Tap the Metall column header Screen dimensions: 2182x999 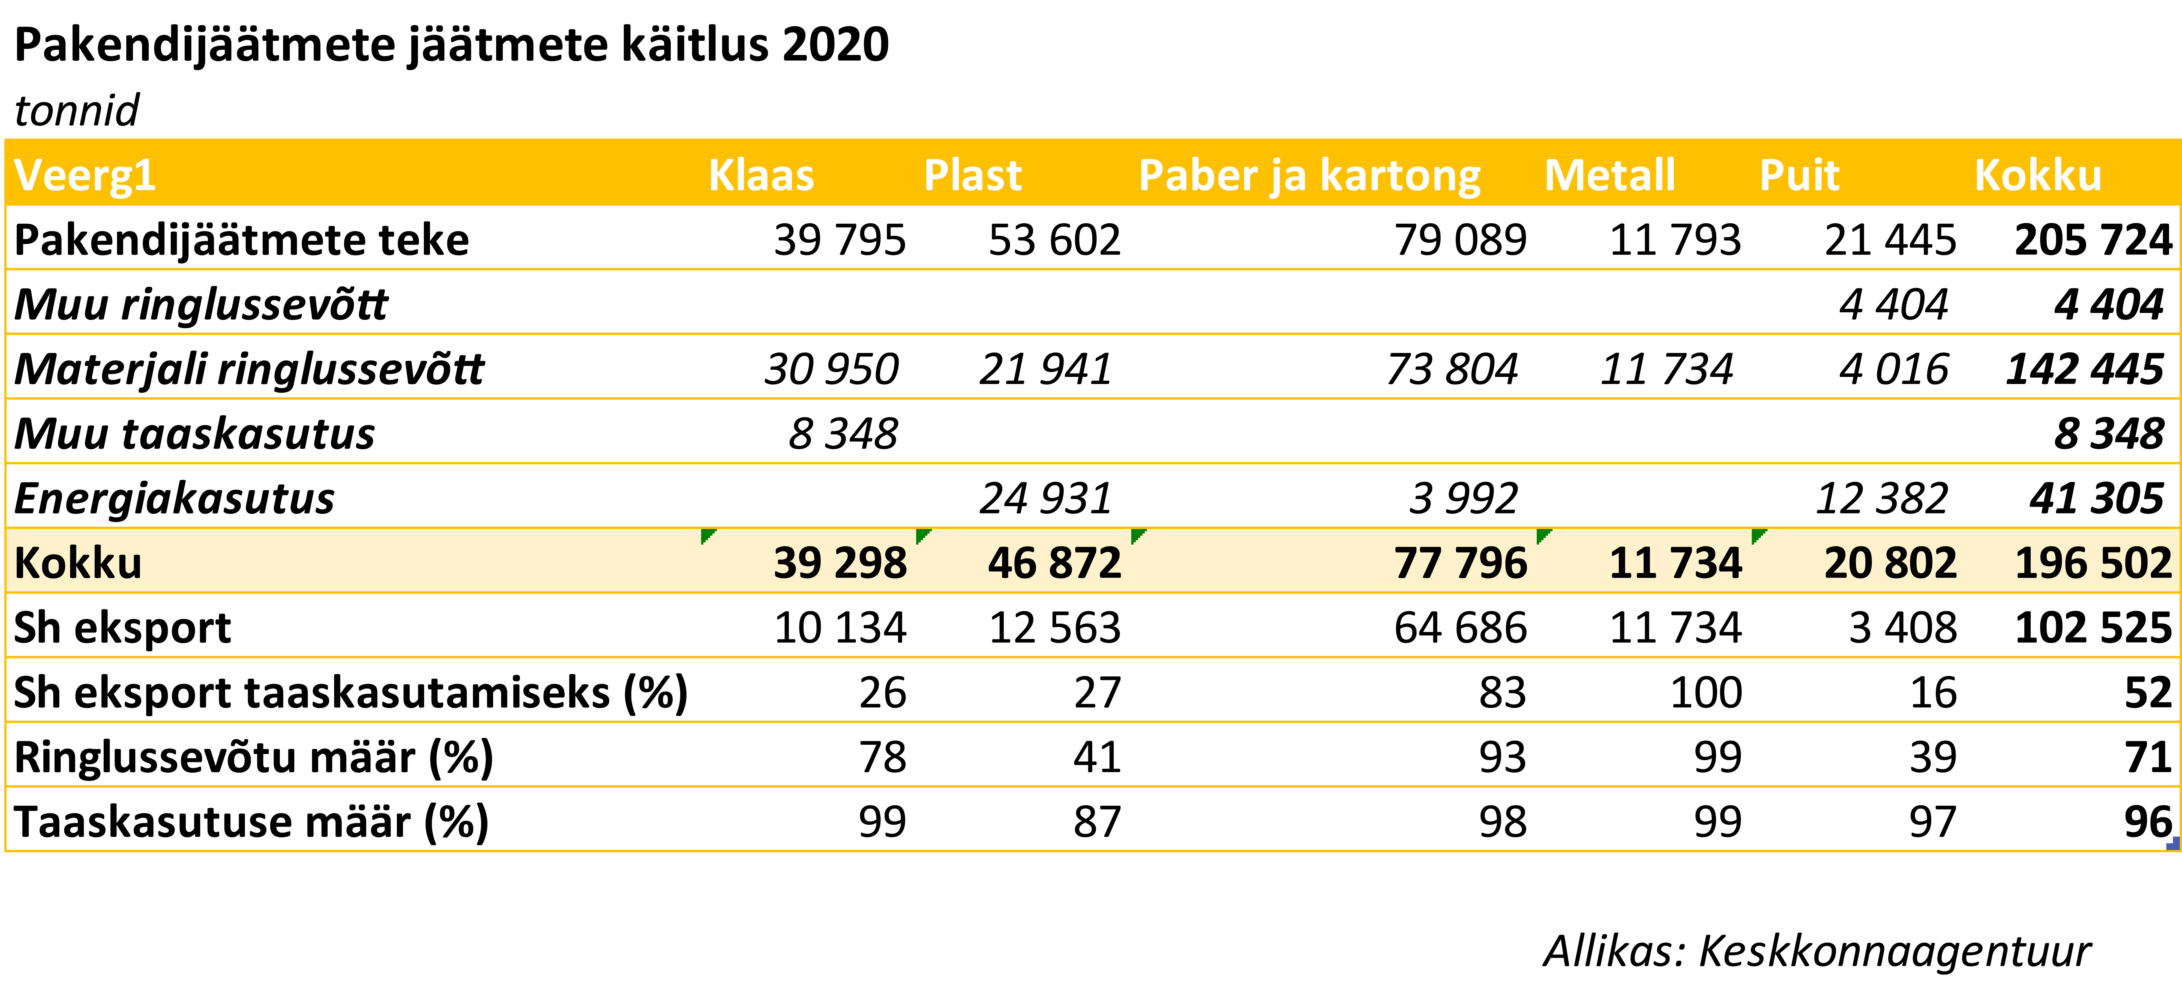point(1609,175)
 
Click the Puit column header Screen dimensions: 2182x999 point(1799,175)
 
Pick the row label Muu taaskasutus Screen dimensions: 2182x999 point(194,434)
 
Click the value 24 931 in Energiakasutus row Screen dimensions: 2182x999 point(1045,498)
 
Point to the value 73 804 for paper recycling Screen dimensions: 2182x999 point(1452,370)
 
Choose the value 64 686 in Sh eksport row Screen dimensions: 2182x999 point(1460,628)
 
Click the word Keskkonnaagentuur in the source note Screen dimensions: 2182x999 point(1895,952)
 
